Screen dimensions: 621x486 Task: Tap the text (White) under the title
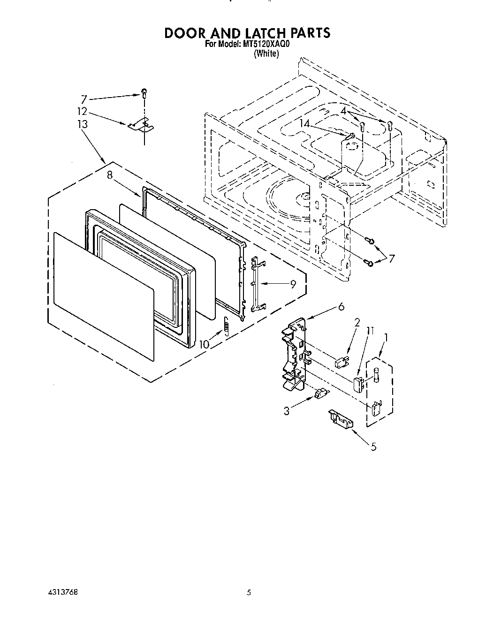pyautogui.click(x=266, y=54)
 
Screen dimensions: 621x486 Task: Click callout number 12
pyautogui.click(x=83, y=111)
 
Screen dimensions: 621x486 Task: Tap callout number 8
pyautogui.click(x=110, y=176)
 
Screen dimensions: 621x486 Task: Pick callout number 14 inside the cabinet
pyautogui.click(x=305, y=124)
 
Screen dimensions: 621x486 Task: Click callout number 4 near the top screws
pyautogui.click(x=344, y=111)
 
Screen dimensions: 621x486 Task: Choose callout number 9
pyautogui.click(x=293, y=284)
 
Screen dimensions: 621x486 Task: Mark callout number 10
pyautogui.click(x=205, y=344)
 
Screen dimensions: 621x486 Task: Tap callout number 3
pyautogui.click(x=287, y=411)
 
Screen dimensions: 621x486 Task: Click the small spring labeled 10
pyautogui.click(x=226, y=326)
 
